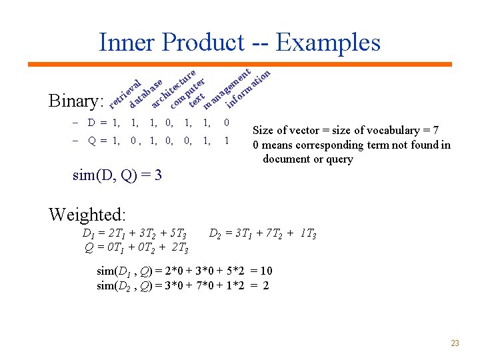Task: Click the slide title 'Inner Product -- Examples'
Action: click(239, 43)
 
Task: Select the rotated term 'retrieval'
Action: click(125, 93)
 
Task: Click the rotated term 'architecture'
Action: click(173, 87)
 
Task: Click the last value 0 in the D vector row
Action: click(227, 123)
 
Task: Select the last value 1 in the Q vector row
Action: click(227, 141)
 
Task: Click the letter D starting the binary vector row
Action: click(92, 123)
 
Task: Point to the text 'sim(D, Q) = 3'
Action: click(117, 176)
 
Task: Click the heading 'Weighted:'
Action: click(87, 215)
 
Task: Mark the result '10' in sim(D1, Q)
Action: click(266, 271)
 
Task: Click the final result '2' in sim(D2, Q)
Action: click(266, 285)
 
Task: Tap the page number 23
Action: click(455, 343)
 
